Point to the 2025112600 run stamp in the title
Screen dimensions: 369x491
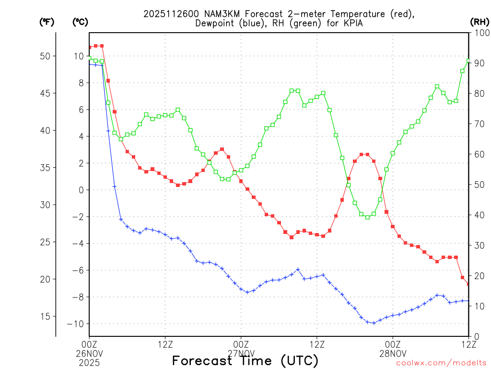167,14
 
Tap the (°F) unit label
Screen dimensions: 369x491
47,22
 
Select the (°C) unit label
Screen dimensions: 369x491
80,22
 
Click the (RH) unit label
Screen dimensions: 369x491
479,22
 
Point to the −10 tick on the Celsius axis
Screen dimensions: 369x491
75,324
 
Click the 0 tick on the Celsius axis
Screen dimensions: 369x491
81,190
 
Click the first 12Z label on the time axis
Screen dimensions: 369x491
165,344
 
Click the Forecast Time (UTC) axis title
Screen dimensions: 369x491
245,360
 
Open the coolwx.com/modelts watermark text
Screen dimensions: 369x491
441,363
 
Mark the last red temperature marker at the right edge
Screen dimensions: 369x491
468,284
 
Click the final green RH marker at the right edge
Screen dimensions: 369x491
468,61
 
